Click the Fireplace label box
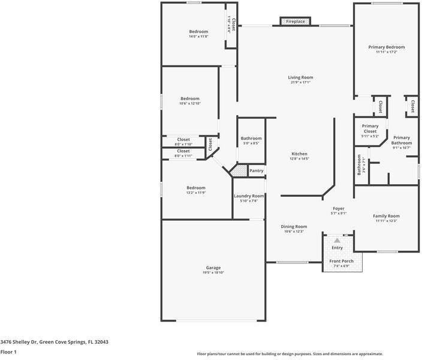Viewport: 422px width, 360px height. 295,22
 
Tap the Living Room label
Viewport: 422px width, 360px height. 301,77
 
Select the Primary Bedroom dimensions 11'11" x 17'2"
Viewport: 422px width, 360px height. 386,52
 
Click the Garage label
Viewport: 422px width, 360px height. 213,268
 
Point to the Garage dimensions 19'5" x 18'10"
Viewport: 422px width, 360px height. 213,273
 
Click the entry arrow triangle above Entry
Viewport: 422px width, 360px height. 337,241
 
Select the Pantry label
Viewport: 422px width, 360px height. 256,171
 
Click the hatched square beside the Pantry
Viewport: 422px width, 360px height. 240,172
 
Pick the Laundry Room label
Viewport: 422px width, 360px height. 249,196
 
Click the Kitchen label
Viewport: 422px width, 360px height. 299,154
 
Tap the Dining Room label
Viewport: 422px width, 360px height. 294,226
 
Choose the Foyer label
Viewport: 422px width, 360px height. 339,208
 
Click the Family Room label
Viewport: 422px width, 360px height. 386,216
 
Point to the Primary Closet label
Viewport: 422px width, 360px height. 370,128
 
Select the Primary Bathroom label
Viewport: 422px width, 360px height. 402,140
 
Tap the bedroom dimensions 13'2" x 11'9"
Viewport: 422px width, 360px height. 195,193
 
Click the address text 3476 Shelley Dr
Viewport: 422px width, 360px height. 19,341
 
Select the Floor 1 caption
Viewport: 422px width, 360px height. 8,352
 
